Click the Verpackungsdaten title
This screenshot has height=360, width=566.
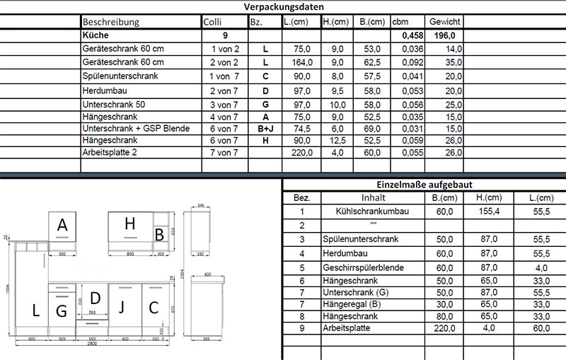pyautogui.click(x=283, y=6)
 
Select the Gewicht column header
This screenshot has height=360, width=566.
pyautogui.click(x=444, y=22)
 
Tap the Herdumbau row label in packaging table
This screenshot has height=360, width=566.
pyautogui.click(x=104, y=91)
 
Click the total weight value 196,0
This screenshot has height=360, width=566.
pyautogui.click(x=445, y=35)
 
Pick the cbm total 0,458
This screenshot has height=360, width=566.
pyautogui.click(x=410, y=35)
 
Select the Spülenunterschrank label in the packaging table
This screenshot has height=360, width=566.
pyautogui.click(x=120, y=76)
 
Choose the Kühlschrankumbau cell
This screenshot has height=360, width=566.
pyautogui.click(x=373, y=211)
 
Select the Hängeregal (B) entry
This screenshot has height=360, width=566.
pyautogui.click(x=351, y=303)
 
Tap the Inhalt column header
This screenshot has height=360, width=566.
pyautogui.click(x=373, y=198)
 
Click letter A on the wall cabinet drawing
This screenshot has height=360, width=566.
pyautogui.click(x=62, y=226)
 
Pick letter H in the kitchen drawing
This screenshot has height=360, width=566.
pyautogui.click(x=129, y=224)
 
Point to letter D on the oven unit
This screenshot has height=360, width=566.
pyautogui.click(x=95, y=298)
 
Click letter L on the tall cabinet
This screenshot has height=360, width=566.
pyautogui.click(x=35, y=309)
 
